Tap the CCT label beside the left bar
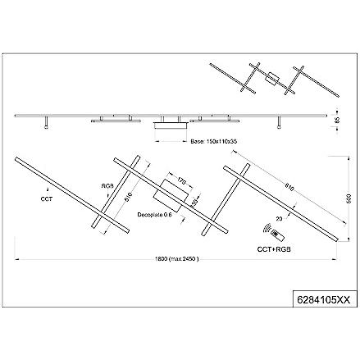(x=47, y=198)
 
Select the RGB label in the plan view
(x=107, y=185)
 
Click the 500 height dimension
(x=349, y=198)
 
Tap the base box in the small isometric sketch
(x=272, y=80)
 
